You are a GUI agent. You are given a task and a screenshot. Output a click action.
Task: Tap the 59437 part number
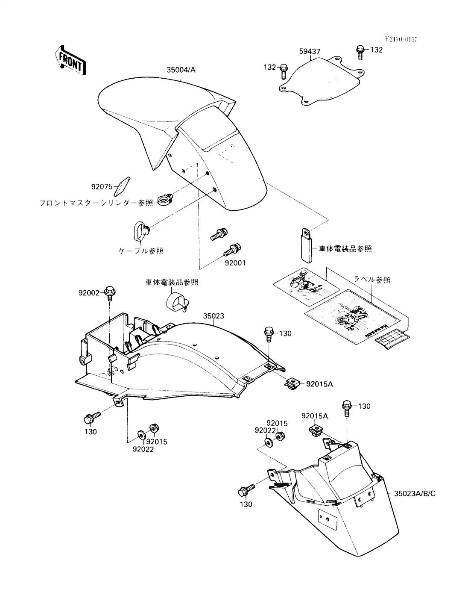(x=310, y=52)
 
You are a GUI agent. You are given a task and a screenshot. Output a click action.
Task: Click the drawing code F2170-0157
(x=401, y=39)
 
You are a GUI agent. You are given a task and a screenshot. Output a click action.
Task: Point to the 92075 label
(x=102, y=187)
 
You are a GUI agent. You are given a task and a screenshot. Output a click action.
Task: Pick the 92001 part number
(x=235, y=263)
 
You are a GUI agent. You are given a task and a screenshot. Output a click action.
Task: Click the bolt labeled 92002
(x=109, y=292)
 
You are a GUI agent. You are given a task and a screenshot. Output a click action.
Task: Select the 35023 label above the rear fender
(x=214, y=316)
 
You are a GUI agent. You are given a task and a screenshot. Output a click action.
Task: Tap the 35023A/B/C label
(x=414, y=494)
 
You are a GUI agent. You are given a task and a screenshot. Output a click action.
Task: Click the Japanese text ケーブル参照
(x=141, y=251)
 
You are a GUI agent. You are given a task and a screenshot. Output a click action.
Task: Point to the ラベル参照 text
(x=371, y=280)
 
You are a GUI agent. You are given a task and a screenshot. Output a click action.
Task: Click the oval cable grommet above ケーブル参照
(x=139, y=231)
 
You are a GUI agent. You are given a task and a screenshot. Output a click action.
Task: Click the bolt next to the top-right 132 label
(x=360, y=52)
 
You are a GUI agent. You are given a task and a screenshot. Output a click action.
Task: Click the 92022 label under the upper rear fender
(x=143, y=449)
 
